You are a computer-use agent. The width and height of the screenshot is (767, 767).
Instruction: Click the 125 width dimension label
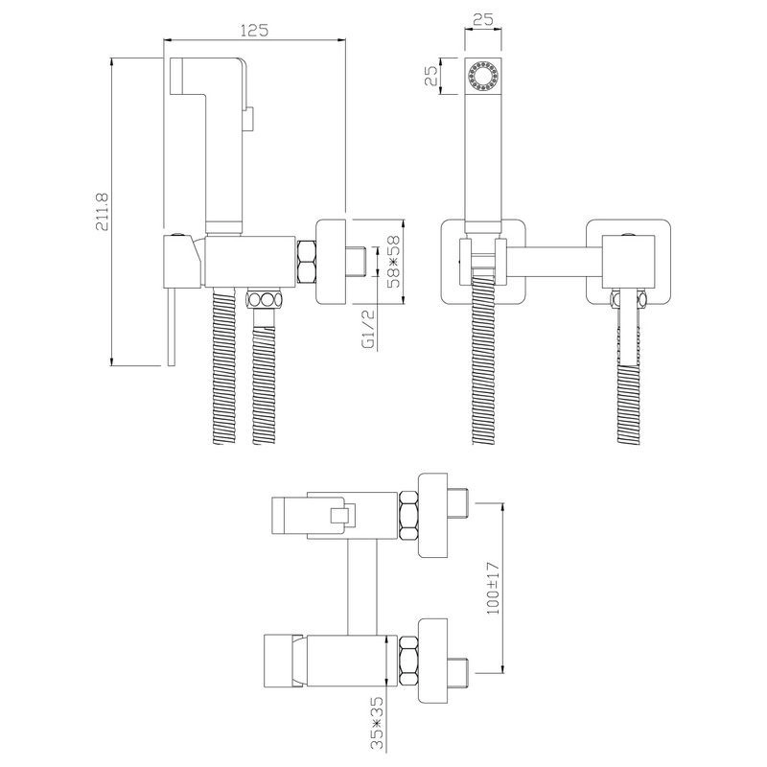(x=254, y=31)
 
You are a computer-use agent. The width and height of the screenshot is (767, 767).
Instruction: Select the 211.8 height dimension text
(x=103, y=211)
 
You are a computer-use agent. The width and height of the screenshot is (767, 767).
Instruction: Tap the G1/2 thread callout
(x=370, y=328)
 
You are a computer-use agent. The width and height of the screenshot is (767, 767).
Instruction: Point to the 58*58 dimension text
(x=393, y=261)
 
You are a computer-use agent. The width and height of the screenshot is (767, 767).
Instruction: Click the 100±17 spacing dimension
(x=494, y=588)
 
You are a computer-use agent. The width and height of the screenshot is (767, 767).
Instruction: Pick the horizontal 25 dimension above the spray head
(x=483, y=19)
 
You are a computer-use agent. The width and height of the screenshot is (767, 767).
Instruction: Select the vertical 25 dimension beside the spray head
(x=431, y=77)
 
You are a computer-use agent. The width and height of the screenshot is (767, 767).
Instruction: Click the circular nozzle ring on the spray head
(x=483, y=77)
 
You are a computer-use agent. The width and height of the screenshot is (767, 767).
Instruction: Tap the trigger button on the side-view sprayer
(x=248, y=119)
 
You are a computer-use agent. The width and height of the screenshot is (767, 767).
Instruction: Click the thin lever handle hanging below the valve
(x=171, y=326)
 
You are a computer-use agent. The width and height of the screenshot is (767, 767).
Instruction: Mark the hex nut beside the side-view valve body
(x=306, y=262)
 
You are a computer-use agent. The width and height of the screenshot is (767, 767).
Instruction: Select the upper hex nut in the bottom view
(x=408, y=516)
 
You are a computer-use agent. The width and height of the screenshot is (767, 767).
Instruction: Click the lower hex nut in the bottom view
(x=408, y=661)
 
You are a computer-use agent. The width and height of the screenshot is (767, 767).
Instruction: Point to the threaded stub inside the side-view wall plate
(x=357, y=262)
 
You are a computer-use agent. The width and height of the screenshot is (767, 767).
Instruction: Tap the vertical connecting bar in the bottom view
(x=362, y=587)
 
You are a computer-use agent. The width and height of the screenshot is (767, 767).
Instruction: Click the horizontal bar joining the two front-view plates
(x=554, y=260)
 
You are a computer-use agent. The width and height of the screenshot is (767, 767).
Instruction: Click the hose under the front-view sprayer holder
(x=483, y=360)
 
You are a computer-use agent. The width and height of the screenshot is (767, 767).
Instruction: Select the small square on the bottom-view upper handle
(x=340, y=516)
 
